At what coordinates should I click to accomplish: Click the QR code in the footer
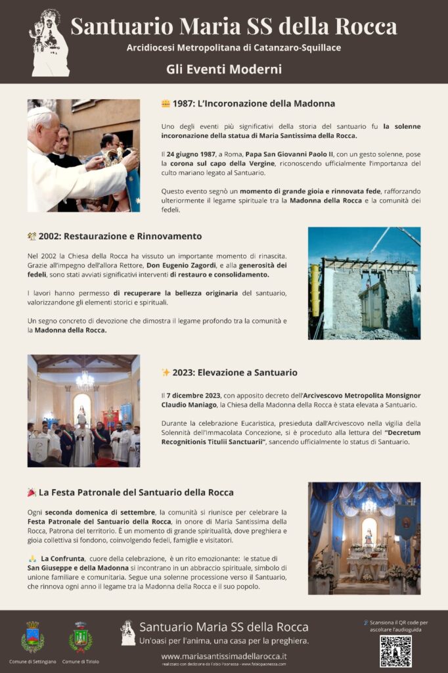(x=395, y=651)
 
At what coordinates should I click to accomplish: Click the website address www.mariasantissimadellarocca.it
(x=224, y=656)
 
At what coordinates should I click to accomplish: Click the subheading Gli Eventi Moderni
(x=224, y=69)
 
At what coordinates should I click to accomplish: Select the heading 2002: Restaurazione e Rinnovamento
(x=120, y=236)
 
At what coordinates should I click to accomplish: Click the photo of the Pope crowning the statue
(x=83, y=155)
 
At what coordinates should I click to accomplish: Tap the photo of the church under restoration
(x=364, y=283)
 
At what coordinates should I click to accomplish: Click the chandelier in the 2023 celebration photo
(x=85, y=379)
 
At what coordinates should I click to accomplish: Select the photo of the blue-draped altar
(x=364, y=538)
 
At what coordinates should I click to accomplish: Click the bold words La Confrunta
(x=62, y=558)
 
